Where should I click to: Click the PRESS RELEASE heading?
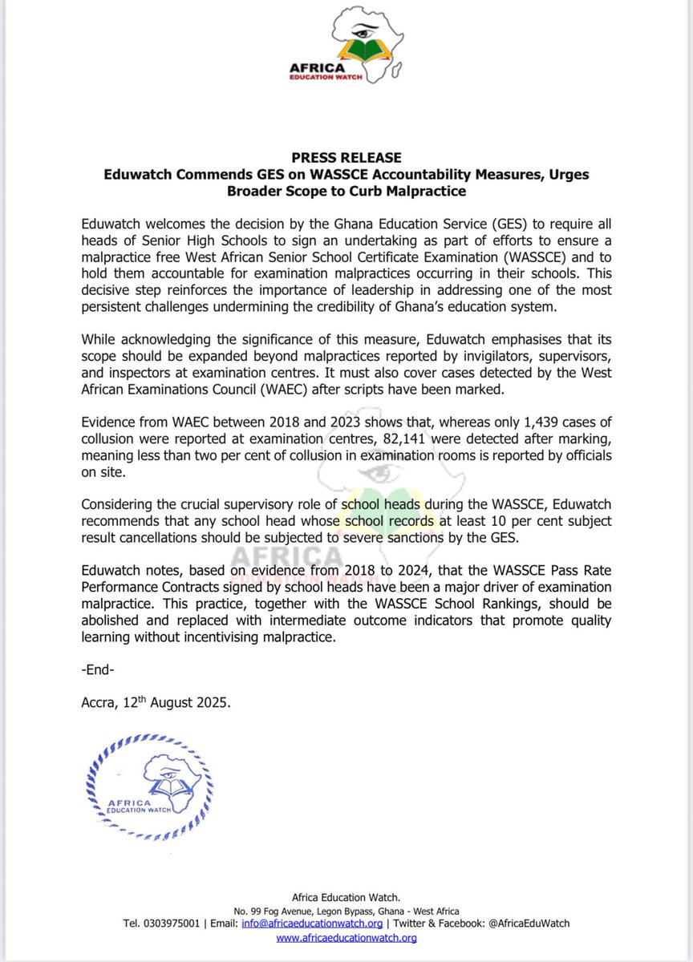click(x=346, y=158)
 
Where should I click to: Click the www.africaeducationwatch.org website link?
click(x=346, y=937)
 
